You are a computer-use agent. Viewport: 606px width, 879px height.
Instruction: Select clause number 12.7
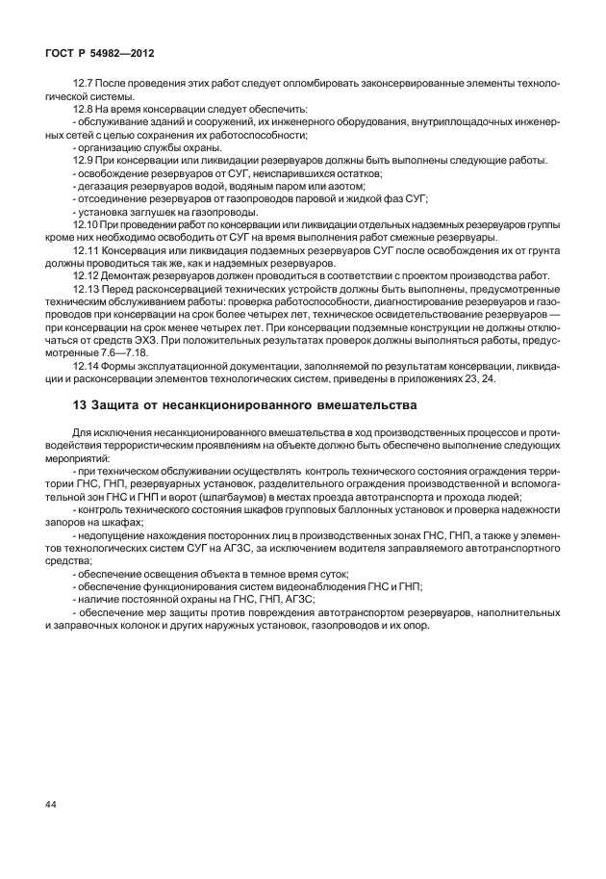pyautogui.click(x=84, y=85)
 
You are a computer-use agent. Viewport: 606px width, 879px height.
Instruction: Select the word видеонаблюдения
pyautogui.click(x=305, y=585)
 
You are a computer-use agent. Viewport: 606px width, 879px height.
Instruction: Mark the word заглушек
pyautogui.click(x=151, y=211)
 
